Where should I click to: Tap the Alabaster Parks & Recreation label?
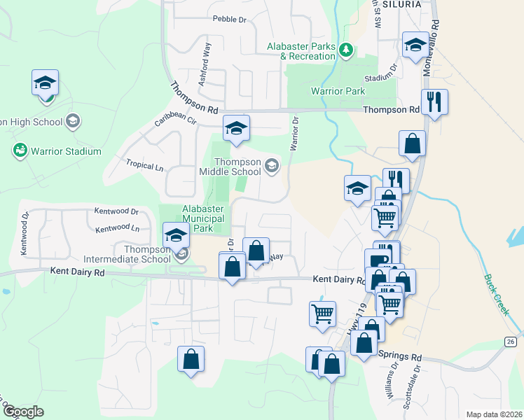pyautogui.click(x=301, y=51)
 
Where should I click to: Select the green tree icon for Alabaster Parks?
pyautogui.click(x=345, y=49)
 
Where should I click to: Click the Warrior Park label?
pyautogui.click(x=337, y=91)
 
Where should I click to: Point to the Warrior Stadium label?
pyautogui.click(x=64, y=151)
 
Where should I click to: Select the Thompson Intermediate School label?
pyautogui.click(x=147, y=253)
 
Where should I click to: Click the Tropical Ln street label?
pyautogui.click(x=144, y=166)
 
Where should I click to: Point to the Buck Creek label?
pyautogui.click(x=496, y=294)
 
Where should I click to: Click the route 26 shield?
pyautogui.click(x=510, y=342)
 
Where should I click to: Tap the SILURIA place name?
pyautogui.click(x=401, y=4)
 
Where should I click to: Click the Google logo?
pyautogui.click(x=24, y=412)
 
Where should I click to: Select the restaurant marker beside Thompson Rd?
pyautogui.click(x=434, y=102)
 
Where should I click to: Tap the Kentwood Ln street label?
pyautogui.click(x=117, y=228)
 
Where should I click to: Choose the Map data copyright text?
pyautogui.click(x=493, y=414)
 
